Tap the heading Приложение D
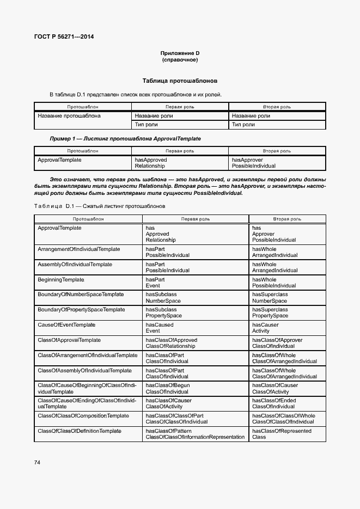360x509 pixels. (x=180, y=53)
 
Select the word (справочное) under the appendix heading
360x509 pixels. (x=180, y=60)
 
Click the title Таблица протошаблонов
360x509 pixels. (x=180, y=80)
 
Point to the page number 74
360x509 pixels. (x=37, y=462)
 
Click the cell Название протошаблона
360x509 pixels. (x=69, y=115)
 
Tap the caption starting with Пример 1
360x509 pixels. (x=125, y=139)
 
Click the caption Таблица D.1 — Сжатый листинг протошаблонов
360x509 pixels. (x=99, y=206)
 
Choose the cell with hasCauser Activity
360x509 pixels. (x=266, y=328)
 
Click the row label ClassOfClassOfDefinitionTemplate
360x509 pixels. (x=80, y=431)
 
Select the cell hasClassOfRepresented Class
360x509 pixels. (x=282, y=434)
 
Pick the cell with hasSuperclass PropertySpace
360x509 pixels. (x=270, y=312)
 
